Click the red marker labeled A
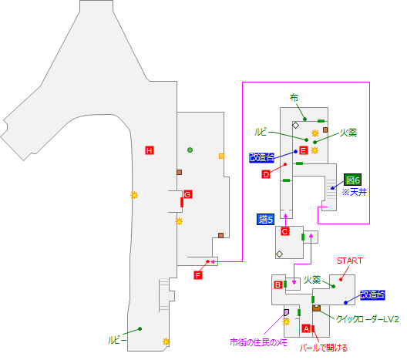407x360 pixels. [306, 328]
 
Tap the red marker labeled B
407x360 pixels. [277, 284]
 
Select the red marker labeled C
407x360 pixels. [284, 231]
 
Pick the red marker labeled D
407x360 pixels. [265, 175]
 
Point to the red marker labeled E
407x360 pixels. [304, 150]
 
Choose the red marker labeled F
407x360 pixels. [198, 275]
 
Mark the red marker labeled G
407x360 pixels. [187, 193]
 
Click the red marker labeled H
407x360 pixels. [149, 150]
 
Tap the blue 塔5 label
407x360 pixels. [266, 220]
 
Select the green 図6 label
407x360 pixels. [353, 180]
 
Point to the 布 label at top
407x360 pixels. [294, 98]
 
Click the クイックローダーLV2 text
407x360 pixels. [367, 318]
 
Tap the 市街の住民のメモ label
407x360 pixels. [258, 341]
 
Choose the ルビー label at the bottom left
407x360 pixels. [118, 338]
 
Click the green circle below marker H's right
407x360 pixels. [190, 150]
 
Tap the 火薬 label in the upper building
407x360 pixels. [348, 132]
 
